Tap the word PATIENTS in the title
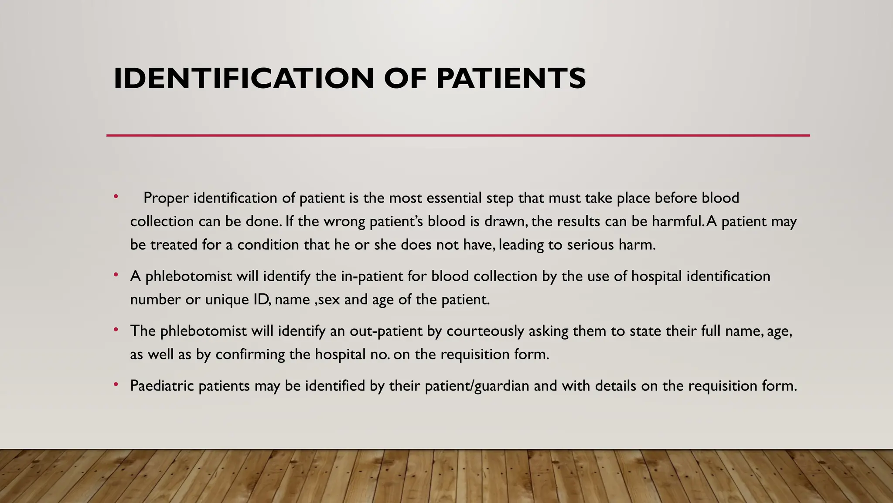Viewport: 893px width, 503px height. tap(511, 79)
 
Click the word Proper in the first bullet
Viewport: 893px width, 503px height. tap(166, 198)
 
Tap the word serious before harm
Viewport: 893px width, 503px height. tap(590, 245)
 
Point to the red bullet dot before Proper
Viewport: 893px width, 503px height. tap(116, 197)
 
